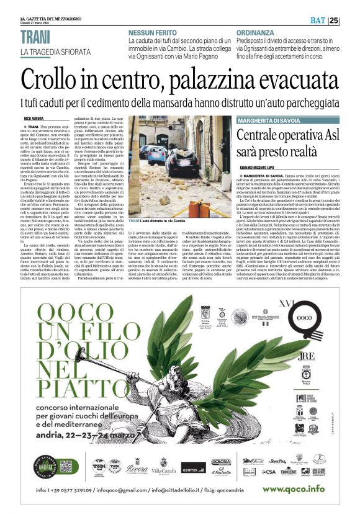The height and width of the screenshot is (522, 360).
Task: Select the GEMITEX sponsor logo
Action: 193,467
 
